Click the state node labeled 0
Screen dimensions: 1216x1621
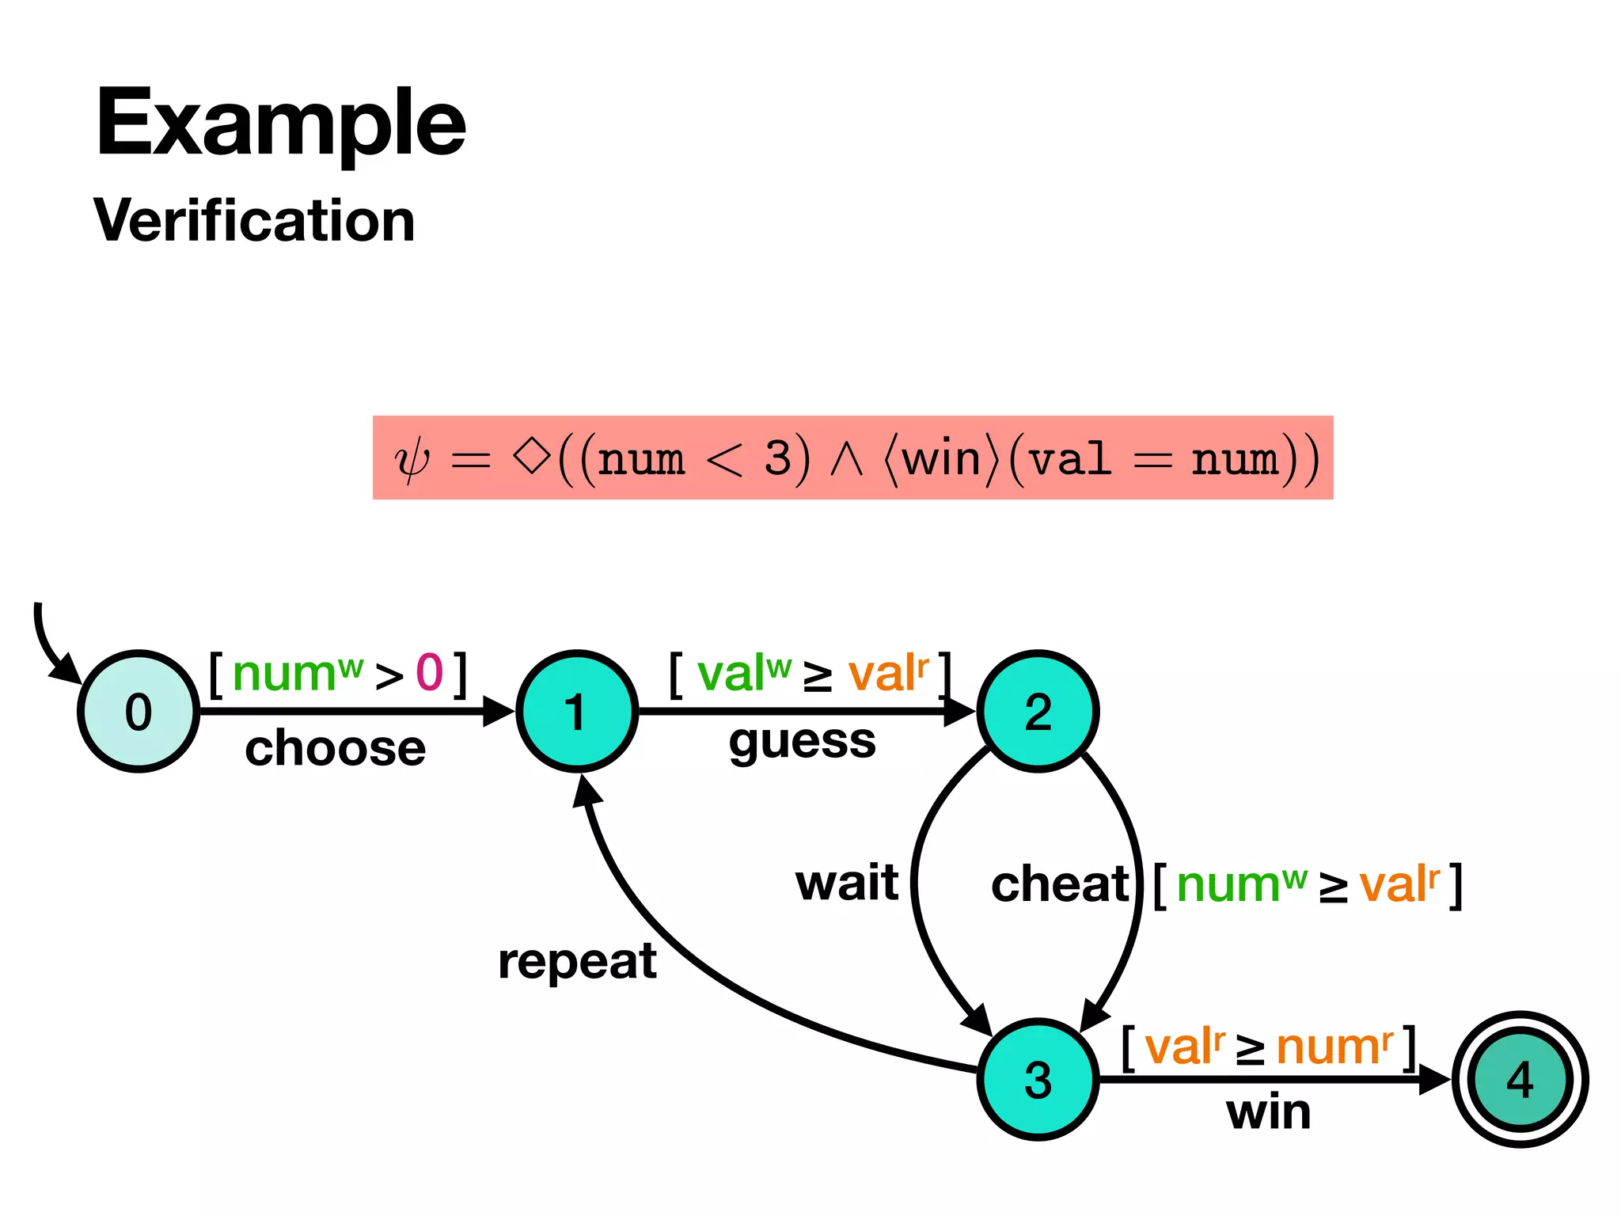[x=139, y=711]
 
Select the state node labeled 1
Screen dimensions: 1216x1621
[x=577, y=711]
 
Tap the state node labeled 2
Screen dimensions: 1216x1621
[x=1038, y=711]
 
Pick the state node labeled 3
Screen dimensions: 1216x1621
[x=1038, y=1079]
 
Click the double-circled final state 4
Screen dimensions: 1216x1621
[x=1520, y=1079]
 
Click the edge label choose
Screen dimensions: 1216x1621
[x=335, y=748]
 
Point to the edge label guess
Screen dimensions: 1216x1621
[x=802, y=743]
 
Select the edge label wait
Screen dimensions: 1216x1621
[x=847, y=883]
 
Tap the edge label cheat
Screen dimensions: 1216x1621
[x=1060, y=883]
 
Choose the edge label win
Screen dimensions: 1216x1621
[x=1268, y=1112]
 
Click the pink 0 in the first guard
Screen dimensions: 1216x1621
[x=430, y=673]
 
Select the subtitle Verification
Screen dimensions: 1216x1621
[x=254, y=220]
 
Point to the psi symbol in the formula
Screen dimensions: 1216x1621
[x=412, y=460]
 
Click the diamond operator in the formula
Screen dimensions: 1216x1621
[x=531, y=457]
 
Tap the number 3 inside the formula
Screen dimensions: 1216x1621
[x=777, y=458]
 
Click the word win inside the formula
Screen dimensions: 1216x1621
[x=941, y=459]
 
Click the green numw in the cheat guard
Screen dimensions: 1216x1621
[x=1241, y=885]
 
